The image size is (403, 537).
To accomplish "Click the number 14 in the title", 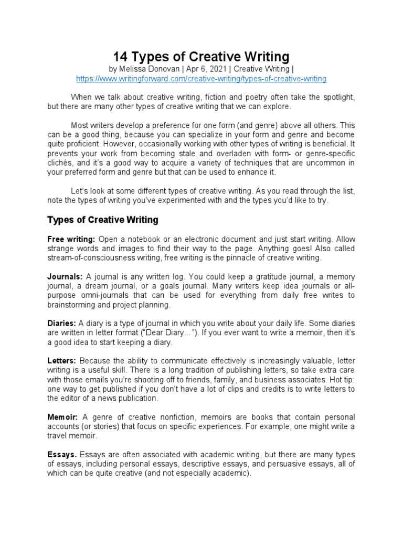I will [121, 56].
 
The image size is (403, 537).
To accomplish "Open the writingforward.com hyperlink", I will [201, 79].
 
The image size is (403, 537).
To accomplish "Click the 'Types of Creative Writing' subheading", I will [103, 219].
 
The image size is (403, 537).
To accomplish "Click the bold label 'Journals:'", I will [65, 276].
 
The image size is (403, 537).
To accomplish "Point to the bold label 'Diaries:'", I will [62, 324].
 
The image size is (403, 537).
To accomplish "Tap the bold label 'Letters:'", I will [62, 361].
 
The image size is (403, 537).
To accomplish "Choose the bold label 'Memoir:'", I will [63, 417].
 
